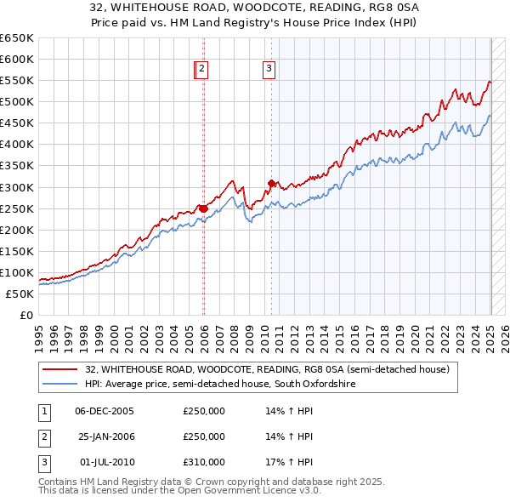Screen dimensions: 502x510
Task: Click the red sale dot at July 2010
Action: pos(272,183)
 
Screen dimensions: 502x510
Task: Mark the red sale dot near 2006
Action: pos(204,208)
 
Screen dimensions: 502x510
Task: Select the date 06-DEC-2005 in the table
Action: pos(105,410)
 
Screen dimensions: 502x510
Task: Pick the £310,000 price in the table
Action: pos(204,463)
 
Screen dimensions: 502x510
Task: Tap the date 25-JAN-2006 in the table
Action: pos(105,436)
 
